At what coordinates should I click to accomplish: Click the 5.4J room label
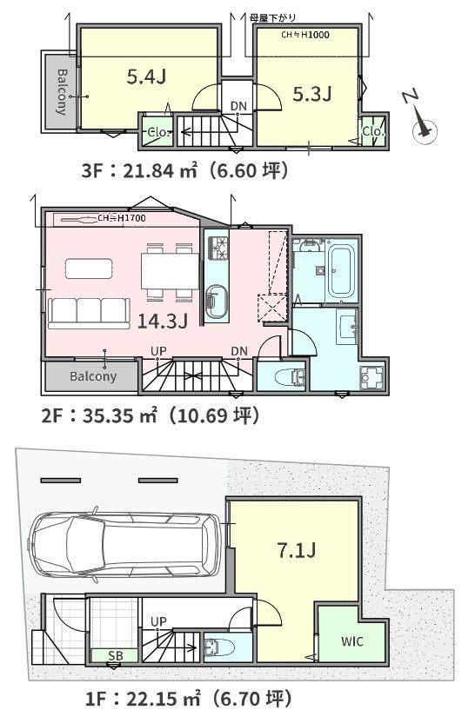click(x=146, y=77)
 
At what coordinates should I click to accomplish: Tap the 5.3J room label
click(x=312, y=94)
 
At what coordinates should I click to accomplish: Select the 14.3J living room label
click(x=163, y=321)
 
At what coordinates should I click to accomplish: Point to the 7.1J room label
click(x=297, y=551)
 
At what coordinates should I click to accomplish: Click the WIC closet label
click(x=352, y=641)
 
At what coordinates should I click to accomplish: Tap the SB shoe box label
click(x=116, y=655)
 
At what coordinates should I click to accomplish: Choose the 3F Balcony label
click(x=62, y=91)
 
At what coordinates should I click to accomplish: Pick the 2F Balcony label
click(x=93, y=376)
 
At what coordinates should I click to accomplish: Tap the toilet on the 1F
click(x=219, y=647)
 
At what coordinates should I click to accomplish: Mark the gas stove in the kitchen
click(x=218, y=248)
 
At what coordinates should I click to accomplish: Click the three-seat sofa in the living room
click(x=89, y=313)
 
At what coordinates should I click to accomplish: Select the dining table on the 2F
click(x=170, y=271)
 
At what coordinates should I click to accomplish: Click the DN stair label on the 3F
click(x=238, y=106)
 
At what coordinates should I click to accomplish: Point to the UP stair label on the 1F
click(x=158, y=621)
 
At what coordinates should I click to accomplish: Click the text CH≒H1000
click(x=305, y=35)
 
